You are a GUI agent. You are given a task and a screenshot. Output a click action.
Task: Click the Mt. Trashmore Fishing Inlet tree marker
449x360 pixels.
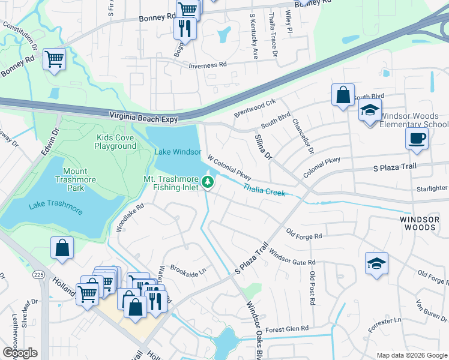coord(208,181)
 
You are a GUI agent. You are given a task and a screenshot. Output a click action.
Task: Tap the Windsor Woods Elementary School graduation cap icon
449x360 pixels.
coord(370,111)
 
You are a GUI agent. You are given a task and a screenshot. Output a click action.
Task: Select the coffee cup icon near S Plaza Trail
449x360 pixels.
coord(416,139)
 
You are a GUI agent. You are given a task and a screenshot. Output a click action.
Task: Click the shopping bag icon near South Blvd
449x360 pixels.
coord(342,95)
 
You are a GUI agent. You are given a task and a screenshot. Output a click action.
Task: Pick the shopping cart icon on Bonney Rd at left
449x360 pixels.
coord(55,59)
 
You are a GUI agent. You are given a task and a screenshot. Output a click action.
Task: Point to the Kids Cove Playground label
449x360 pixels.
coord(116,142)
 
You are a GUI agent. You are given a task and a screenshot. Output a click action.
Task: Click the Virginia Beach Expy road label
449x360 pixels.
coord(143,118)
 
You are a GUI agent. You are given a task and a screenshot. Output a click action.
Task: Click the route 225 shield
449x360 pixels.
coord(39,275)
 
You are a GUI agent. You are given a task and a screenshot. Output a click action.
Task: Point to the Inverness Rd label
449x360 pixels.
coord(207,64)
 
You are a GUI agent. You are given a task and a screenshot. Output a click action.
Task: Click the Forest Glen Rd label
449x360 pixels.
coord(287,329)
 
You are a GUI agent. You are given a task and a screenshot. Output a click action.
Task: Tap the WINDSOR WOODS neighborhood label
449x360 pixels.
coord(418,224)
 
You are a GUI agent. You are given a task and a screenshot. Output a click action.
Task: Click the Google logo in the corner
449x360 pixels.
coord(20,352)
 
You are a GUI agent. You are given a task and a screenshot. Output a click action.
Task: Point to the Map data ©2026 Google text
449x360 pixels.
coord(411,355)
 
